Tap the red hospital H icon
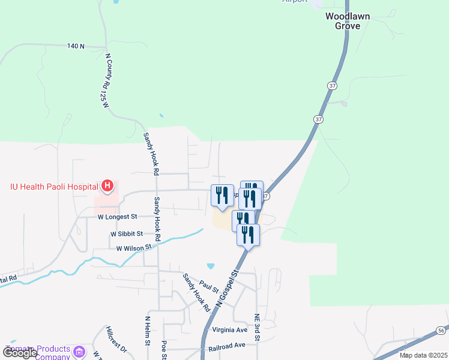click(x=107, y=186)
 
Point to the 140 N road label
click(x=76, y=46)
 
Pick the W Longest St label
click(x=118, y=216)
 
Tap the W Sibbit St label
click(x=126, y=233)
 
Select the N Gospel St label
click(x=227, y=290)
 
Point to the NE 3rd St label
click(x=256, y=328)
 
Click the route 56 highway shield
click(x=441, y=330)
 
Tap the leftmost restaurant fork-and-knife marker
click(x=222, y=196)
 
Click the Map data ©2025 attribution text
click(x=423, y=355)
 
